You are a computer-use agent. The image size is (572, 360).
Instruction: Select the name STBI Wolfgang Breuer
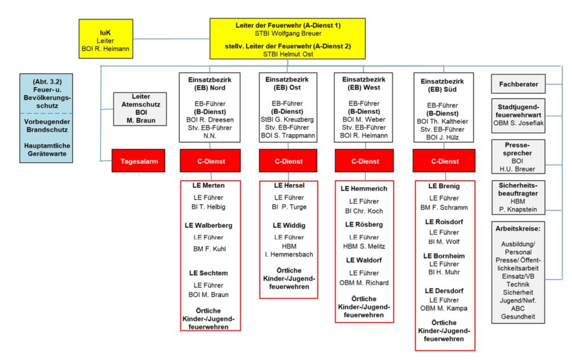[x=287, y=33]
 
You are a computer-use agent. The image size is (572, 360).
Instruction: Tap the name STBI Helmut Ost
[x=287, y=54]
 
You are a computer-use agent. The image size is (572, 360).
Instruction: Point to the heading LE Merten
[x=208, y=186]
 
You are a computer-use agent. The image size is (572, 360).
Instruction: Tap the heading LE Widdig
[x=289, y=226]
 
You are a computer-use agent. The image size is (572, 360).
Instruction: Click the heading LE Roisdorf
[x=444, y=221]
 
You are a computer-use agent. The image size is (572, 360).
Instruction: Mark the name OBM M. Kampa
[x=444, y=308]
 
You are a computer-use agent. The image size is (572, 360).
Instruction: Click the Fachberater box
[x=518, y=84]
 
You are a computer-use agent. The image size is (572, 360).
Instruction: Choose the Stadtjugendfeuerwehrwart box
[x=518, y=115]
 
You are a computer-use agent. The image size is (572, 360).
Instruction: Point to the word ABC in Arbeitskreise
[x=518, y=309]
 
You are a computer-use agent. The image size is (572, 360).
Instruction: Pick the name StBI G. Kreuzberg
[x=287, y=119]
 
